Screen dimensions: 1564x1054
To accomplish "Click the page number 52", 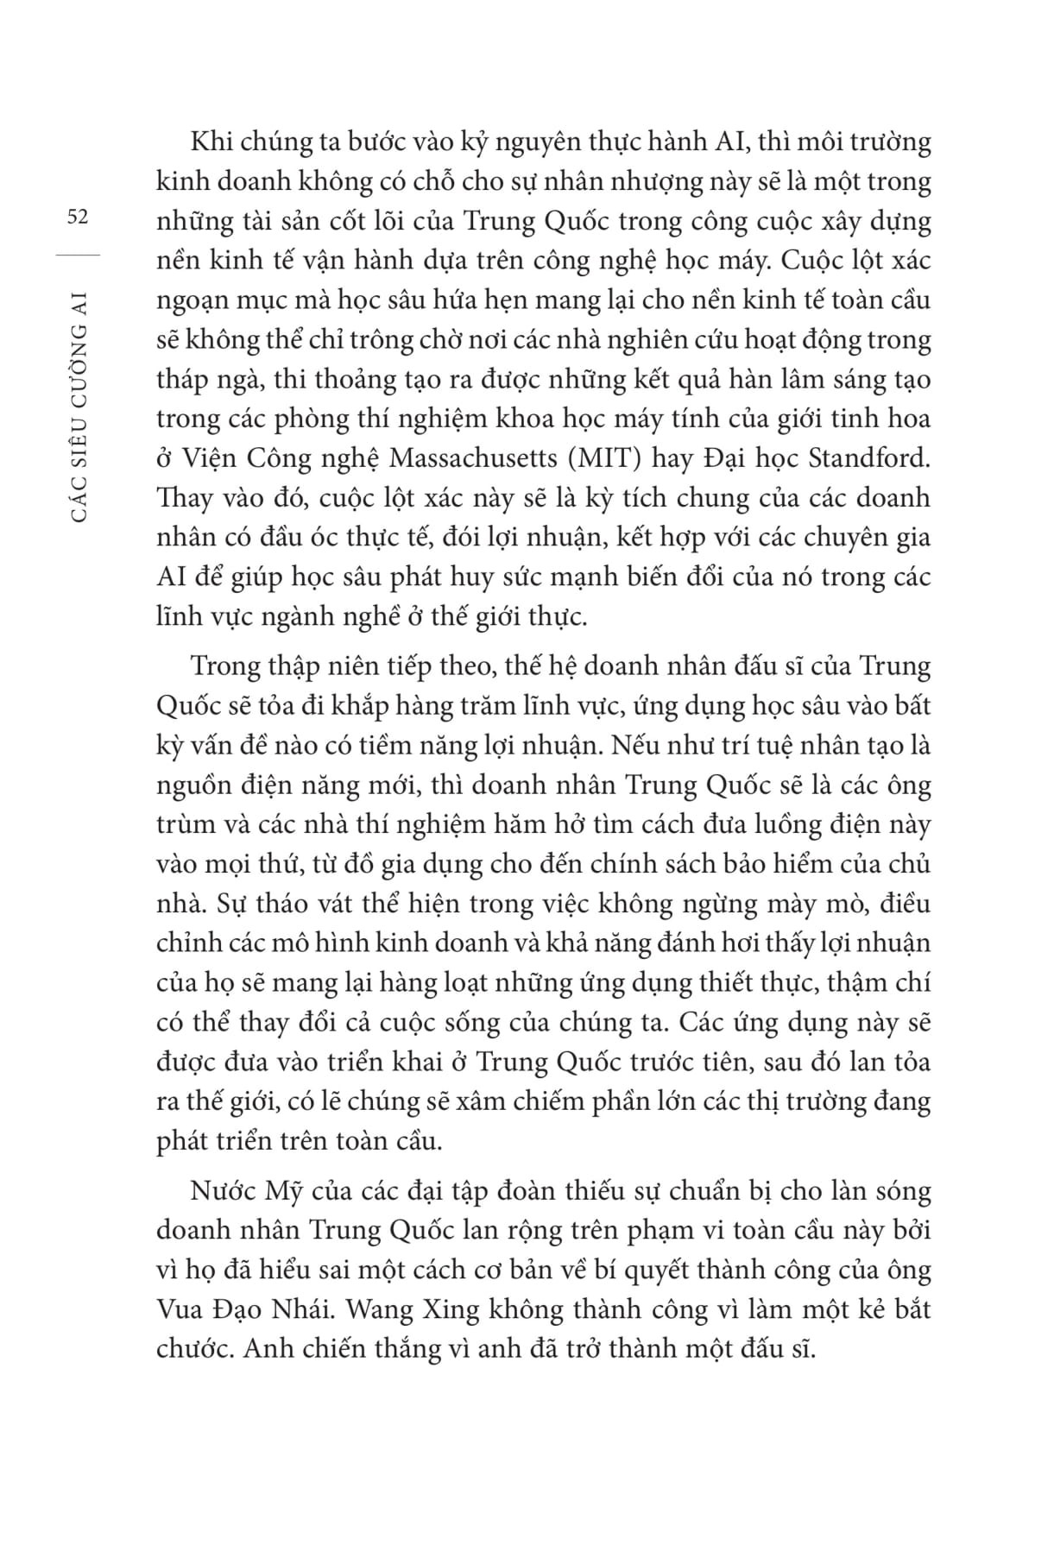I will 77,217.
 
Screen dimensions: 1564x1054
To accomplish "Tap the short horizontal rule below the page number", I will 77,254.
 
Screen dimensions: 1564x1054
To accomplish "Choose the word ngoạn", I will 192,300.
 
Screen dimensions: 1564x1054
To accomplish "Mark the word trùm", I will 185,824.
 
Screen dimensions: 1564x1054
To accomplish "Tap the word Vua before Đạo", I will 182,1309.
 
